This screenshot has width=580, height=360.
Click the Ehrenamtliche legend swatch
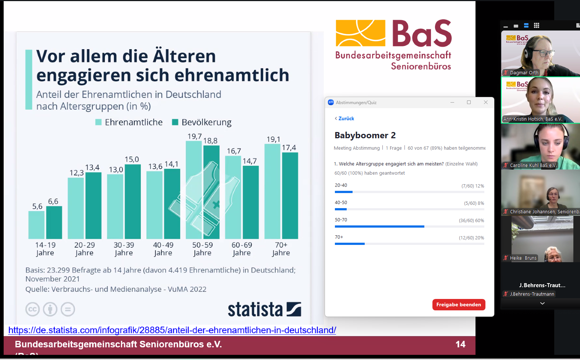tap(98, 122)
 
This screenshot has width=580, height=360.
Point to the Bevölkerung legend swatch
tap(175, 122)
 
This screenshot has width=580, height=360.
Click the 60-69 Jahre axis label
tap(242, 249)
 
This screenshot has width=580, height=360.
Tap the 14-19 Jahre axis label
tap(45, 249)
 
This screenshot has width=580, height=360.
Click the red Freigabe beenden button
tap(459, 304)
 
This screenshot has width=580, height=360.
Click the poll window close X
tap(486, 102)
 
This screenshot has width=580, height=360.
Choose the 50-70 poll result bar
tap(379, 227)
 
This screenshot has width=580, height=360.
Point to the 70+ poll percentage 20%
tap(480, 238)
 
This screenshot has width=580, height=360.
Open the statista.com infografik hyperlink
tap(172, 330)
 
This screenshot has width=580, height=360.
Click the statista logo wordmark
tap(255, 310)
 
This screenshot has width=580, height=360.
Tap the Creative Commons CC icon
tap(32, 309)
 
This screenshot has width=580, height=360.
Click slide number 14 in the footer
tap(460, 344)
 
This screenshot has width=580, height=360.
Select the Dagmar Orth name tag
tap(524, 73)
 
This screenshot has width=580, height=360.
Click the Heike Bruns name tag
tap(523, 258)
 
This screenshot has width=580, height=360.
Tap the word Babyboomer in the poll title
tap(361, 135)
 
